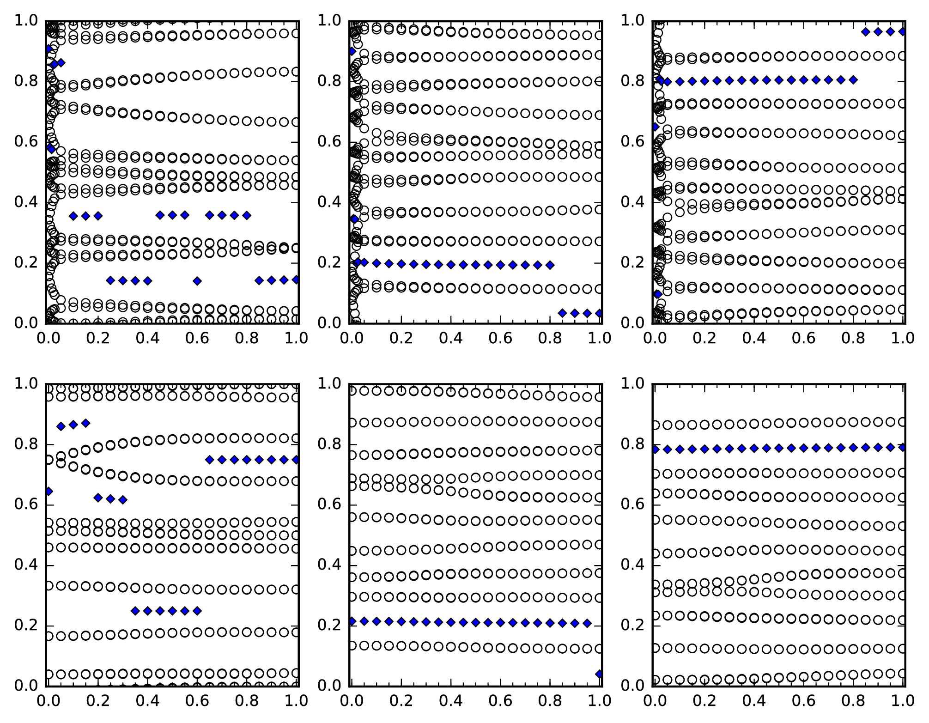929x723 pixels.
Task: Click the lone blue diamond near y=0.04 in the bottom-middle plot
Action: click(599, 674)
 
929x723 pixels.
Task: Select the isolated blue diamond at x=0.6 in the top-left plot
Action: click(197, 281)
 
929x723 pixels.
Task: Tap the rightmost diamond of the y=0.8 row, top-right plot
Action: click(853, 80)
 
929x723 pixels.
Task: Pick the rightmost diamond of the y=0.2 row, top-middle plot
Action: click(550, 265)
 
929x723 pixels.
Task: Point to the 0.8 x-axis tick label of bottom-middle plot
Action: click(550, 701)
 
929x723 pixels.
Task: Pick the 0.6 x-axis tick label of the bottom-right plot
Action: click(803, 701)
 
